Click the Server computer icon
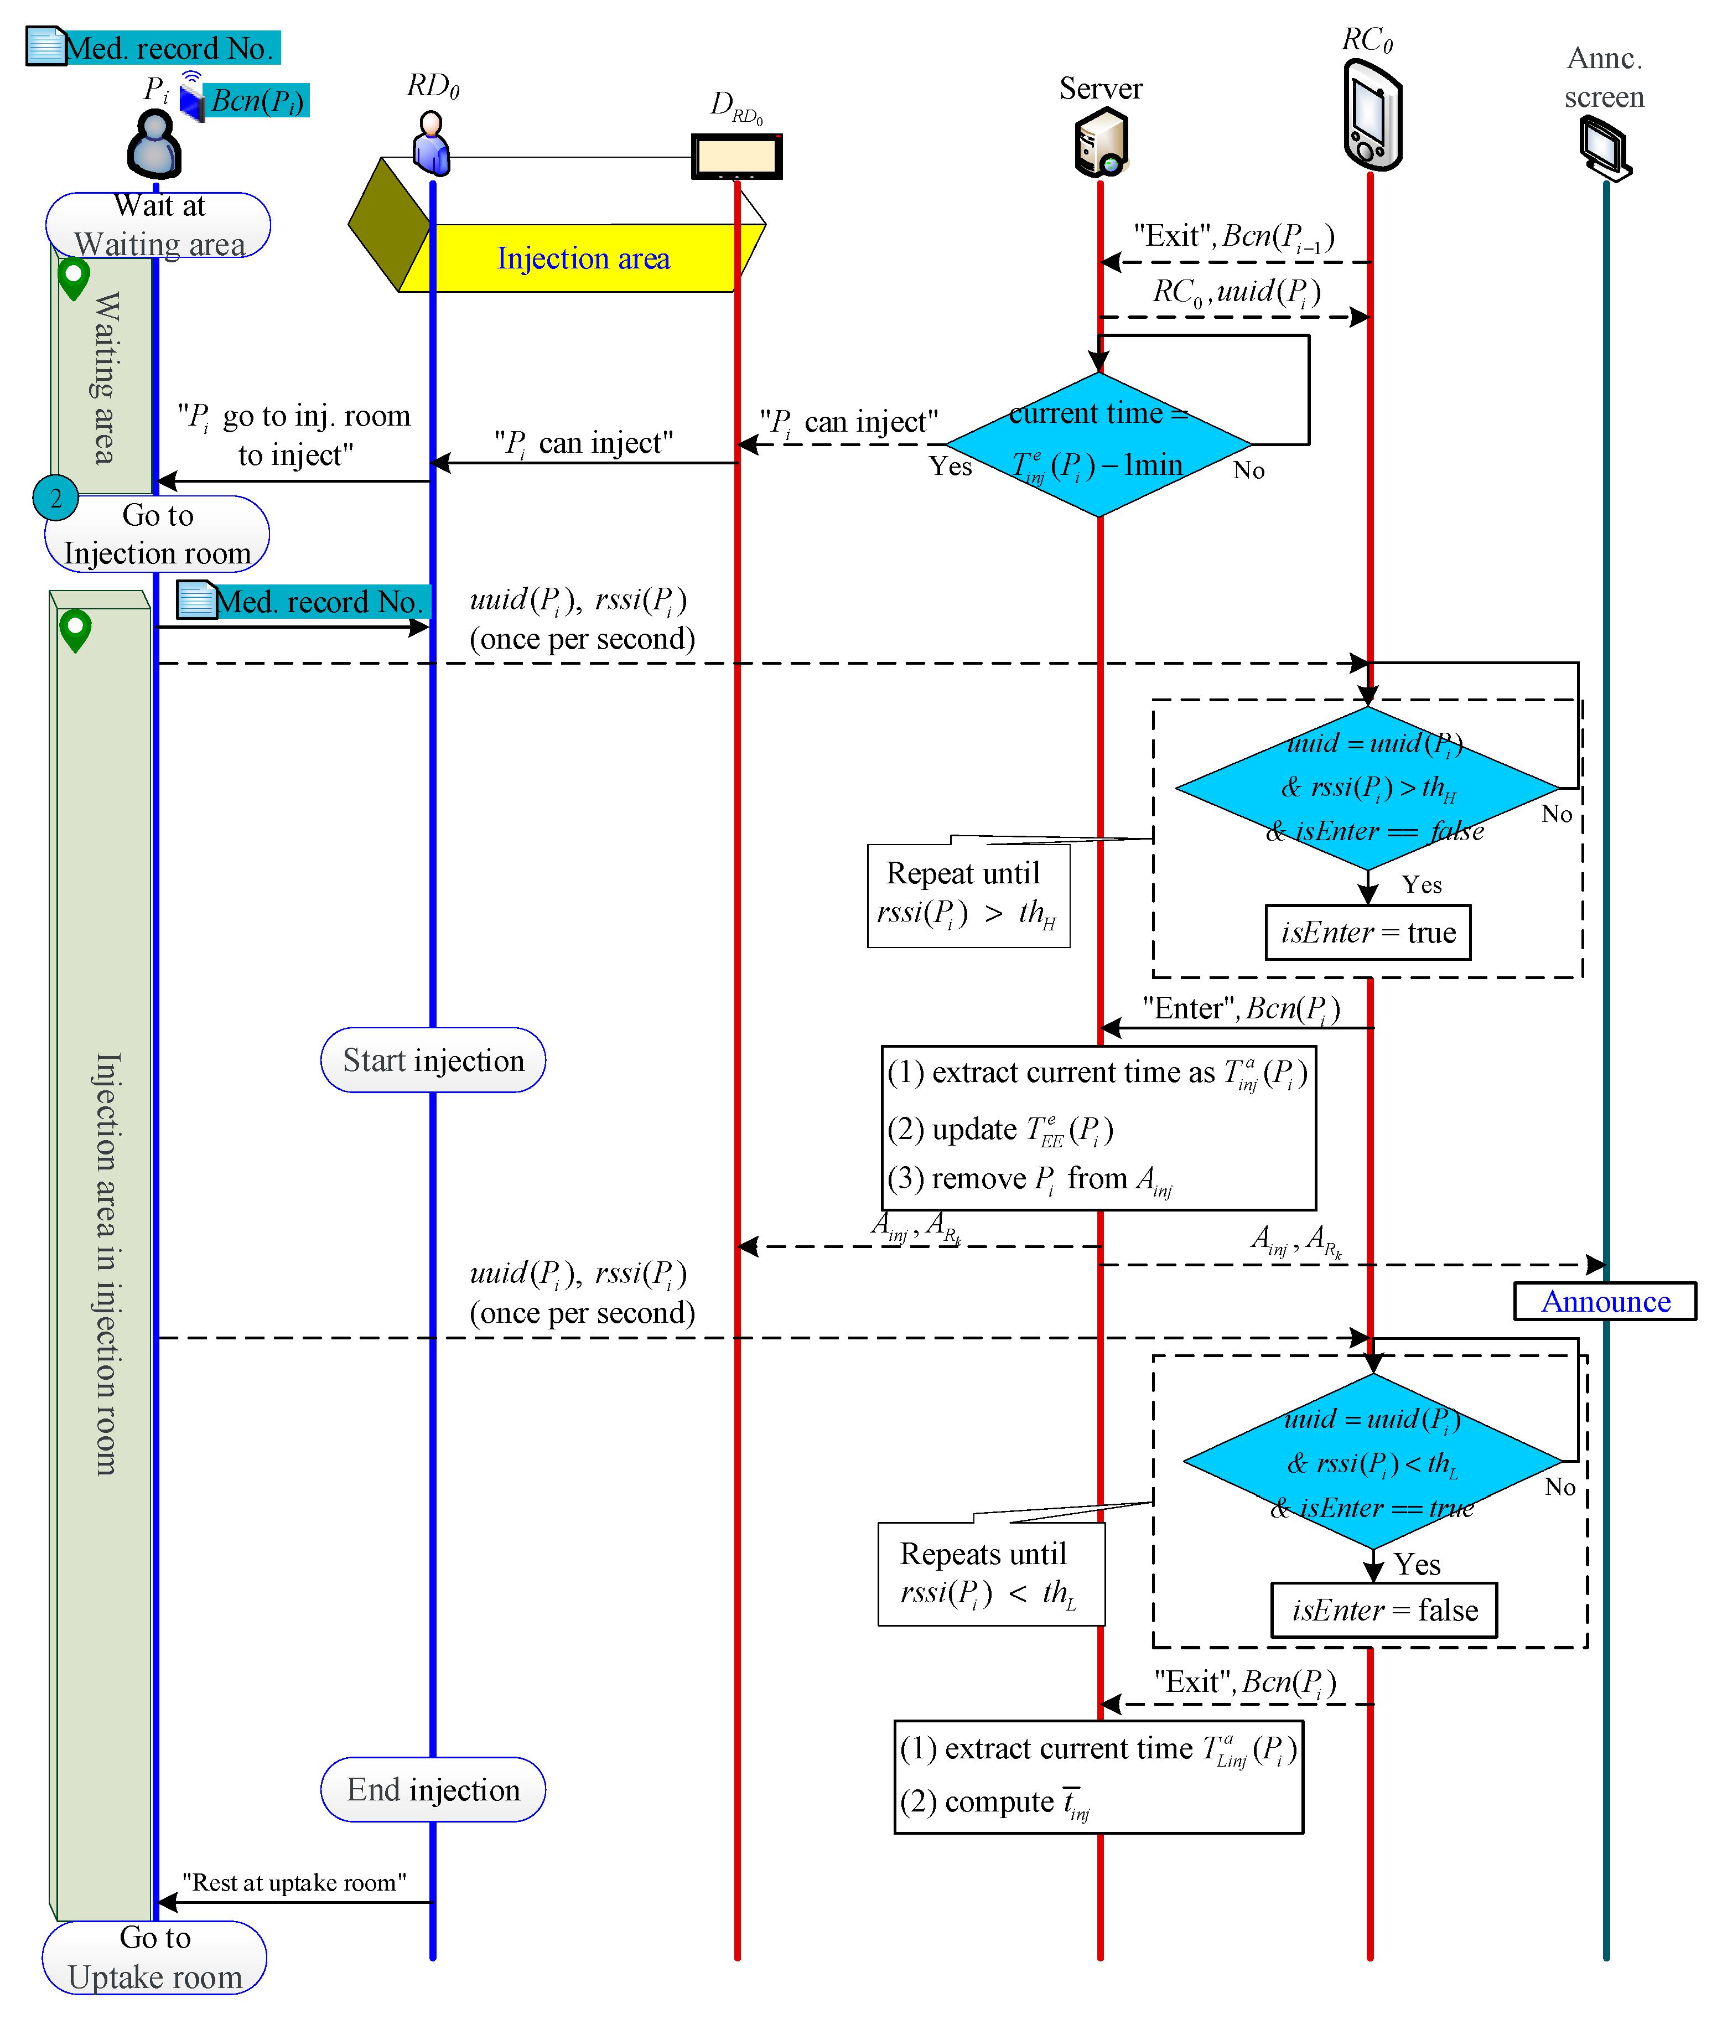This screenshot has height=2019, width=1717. point(1101,142)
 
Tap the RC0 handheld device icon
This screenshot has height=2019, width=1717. point(1372,115)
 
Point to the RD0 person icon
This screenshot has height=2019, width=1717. point(431,142)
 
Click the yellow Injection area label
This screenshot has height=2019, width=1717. point(583,258)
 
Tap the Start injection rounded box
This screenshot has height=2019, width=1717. point(433,1060)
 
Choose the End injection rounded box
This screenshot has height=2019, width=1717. point(433,1789)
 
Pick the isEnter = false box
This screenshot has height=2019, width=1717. point(1383,1610)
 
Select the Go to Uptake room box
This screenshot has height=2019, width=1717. point(155,1956)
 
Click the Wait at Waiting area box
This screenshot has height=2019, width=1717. point(159,225)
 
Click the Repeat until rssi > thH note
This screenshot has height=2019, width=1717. point(968,894)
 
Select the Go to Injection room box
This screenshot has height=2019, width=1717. point(157,534)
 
